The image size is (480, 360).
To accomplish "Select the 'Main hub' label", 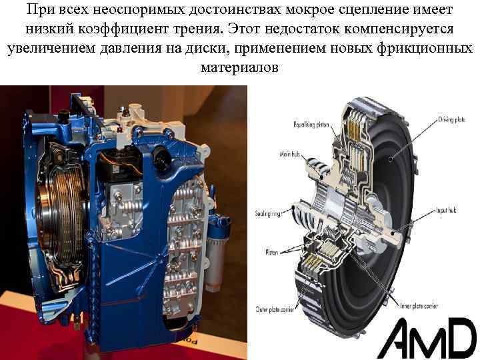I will [x=291, y=154].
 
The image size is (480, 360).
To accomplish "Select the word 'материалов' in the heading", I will [x=239, y=69].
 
